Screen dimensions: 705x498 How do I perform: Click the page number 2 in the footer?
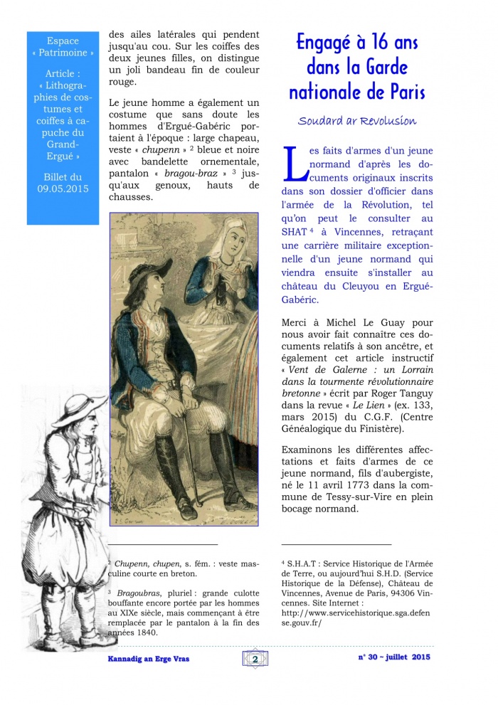tap(255, 659)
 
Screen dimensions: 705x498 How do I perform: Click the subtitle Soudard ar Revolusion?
tap(357, 120)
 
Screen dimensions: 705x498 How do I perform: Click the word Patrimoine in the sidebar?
tap(68, 53)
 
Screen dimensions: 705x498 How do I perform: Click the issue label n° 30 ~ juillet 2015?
tap(393, 657)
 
